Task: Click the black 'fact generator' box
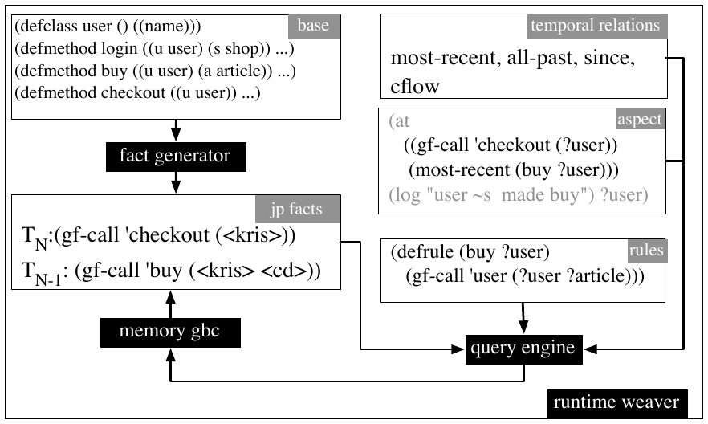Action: click(x=176, y=157)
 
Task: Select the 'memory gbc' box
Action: click(x=170, y=332)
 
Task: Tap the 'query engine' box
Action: click(x=523, y=349)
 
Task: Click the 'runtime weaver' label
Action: click(x=617, y=403)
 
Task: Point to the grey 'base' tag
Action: click(x=315, y=26)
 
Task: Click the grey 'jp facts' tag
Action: click(x=298, y=209)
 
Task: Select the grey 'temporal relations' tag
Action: click(x=597, y=26)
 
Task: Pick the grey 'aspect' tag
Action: click(x=641, y=119)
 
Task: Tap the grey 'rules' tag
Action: click(x=647, y=251)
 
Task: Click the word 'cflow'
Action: click(x=414, y=86)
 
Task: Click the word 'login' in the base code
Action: click(x=119, y=49)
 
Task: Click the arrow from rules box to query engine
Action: click(x=523, y=318)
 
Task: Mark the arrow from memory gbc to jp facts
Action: click(x=170, y=304)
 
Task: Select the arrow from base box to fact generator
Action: click(x=176, y=131)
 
